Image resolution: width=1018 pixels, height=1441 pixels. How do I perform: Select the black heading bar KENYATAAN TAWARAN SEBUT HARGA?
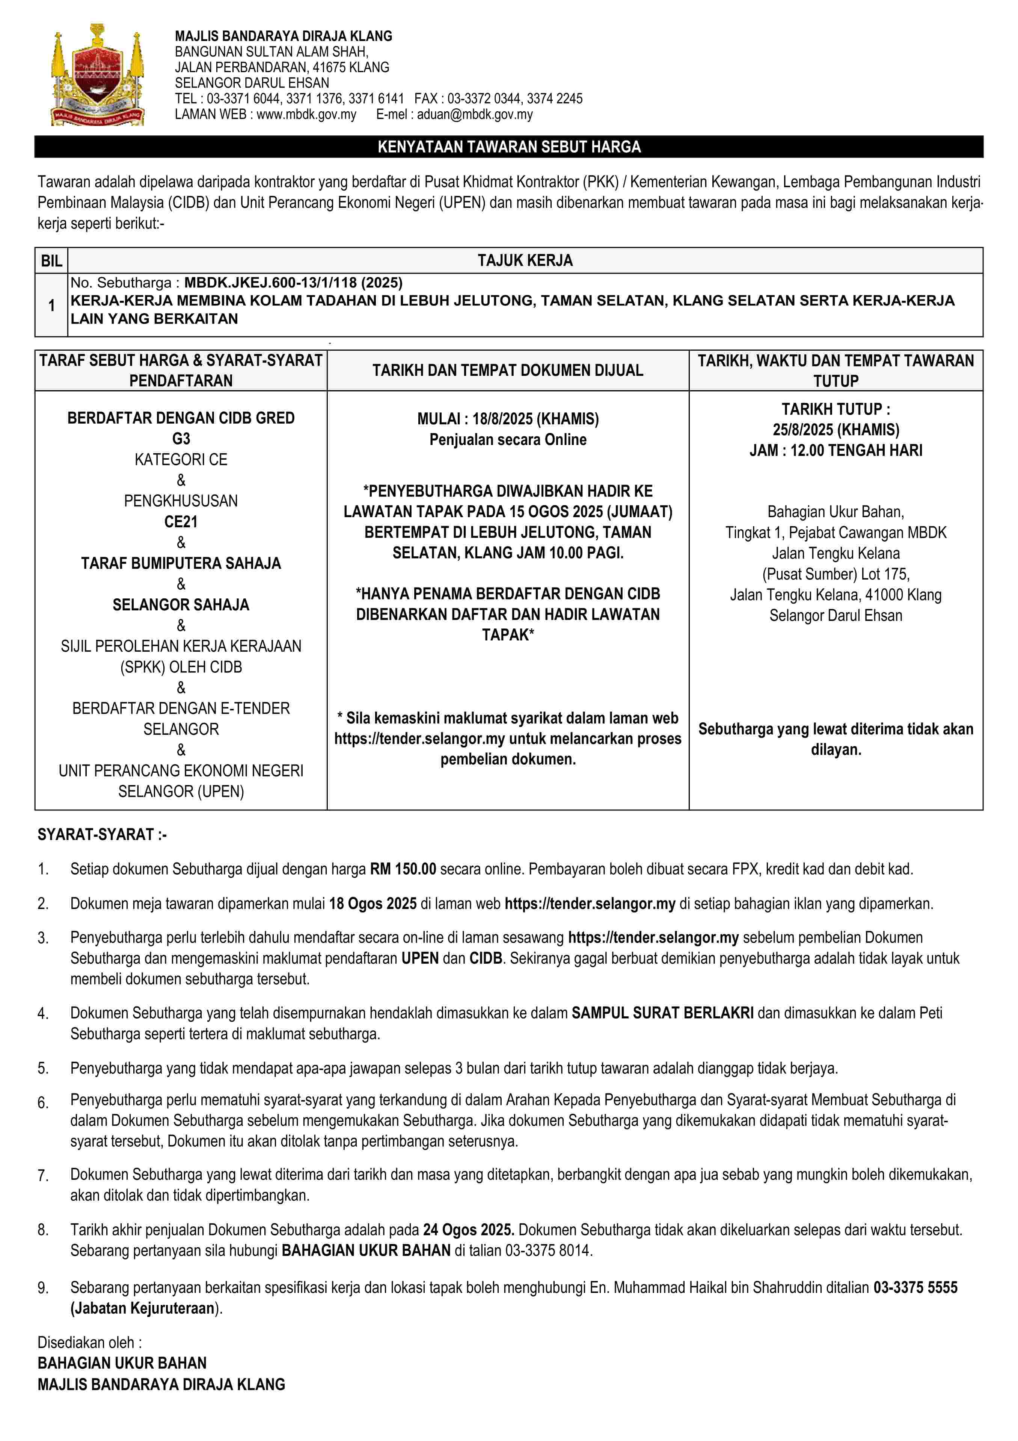[509, 147]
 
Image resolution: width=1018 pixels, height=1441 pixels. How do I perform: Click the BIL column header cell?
[51, 260]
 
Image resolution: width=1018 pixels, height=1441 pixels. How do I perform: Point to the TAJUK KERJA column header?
[525, 260]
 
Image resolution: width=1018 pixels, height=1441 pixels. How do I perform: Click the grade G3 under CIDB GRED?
[181, 439]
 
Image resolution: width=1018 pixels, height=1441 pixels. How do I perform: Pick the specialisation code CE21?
[181, 522]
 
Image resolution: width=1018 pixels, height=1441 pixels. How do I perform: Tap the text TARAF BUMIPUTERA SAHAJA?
[181, 563]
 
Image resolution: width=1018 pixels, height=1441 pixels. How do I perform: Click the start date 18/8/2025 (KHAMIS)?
[535, 419]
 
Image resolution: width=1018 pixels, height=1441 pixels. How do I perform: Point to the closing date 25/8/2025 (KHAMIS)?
[836, 430]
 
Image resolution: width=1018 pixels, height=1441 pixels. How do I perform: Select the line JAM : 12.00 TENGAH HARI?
[836, 451]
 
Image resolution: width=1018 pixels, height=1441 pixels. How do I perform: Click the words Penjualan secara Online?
[508, 439]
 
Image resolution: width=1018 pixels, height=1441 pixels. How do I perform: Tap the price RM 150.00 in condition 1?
[403, 869]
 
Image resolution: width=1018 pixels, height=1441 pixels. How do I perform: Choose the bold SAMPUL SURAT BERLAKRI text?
[662, 1013]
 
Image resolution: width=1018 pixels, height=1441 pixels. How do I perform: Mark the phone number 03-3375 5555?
[915, 1288]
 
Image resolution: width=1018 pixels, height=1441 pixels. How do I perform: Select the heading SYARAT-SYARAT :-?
[102, 835]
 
